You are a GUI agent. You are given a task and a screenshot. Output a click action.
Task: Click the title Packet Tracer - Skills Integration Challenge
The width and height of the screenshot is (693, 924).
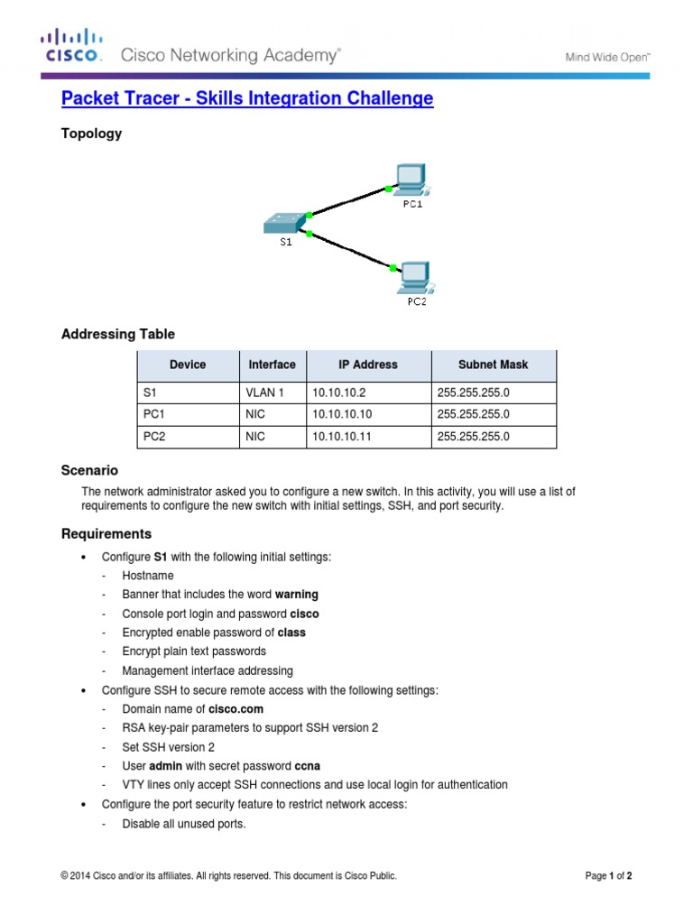tap(247, 98)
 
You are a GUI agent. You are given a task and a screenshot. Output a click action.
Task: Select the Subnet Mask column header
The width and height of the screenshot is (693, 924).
tap(494, 365)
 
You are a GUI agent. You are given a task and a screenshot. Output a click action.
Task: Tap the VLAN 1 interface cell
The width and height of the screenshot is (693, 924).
tap(264, 393)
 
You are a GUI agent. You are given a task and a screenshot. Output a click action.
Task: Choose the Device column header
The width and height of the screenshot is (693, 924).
tap(188, 365)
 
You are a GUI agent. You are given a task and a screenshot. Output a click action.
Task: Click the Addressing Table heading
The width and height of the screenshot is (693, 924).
tap(118, 334)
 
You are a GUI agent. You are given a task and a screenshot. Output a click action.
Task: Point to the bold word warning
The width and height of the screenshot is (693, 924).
tap(297, 595)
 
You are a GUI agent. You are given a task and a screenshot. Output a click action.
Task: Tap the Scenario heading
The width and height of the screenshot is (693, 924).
tap(89, 470)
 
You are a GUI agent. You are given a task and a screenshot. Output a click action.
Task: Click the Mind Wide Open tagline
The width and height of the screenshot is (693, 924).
tap(607, 57)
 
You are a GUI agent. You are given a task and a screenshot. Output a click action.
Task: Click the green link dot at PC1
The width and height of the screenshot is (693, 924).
tap(387, 189)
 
